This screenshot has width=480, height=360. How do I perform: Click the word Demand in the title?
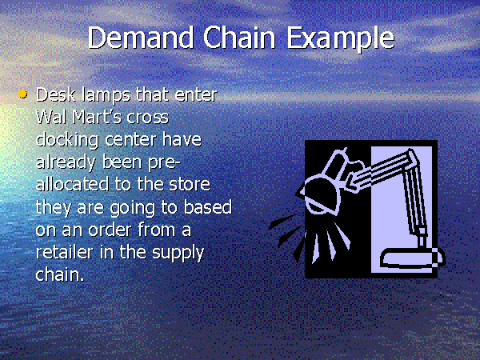point(141,38)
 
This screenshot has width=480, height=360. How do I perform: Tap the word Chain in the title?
point(239,38)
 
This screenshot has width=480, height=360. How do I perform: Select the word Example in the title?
point(341,39)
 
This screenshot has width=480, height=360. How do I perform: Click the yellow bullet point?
point(22,94)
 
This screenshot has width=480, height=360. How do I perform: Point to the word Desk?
point(56,94)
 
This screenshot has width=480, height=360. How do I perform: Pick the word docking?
point(67,140)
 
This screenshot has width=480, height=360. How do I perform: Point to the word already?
point(66,162)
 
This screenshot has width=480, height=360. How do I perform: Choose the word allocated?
point(73,184)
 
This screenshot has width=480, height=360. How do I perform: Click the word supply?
point(178,253)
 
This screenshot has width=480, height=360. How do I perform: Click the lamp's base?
point(412,259)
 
